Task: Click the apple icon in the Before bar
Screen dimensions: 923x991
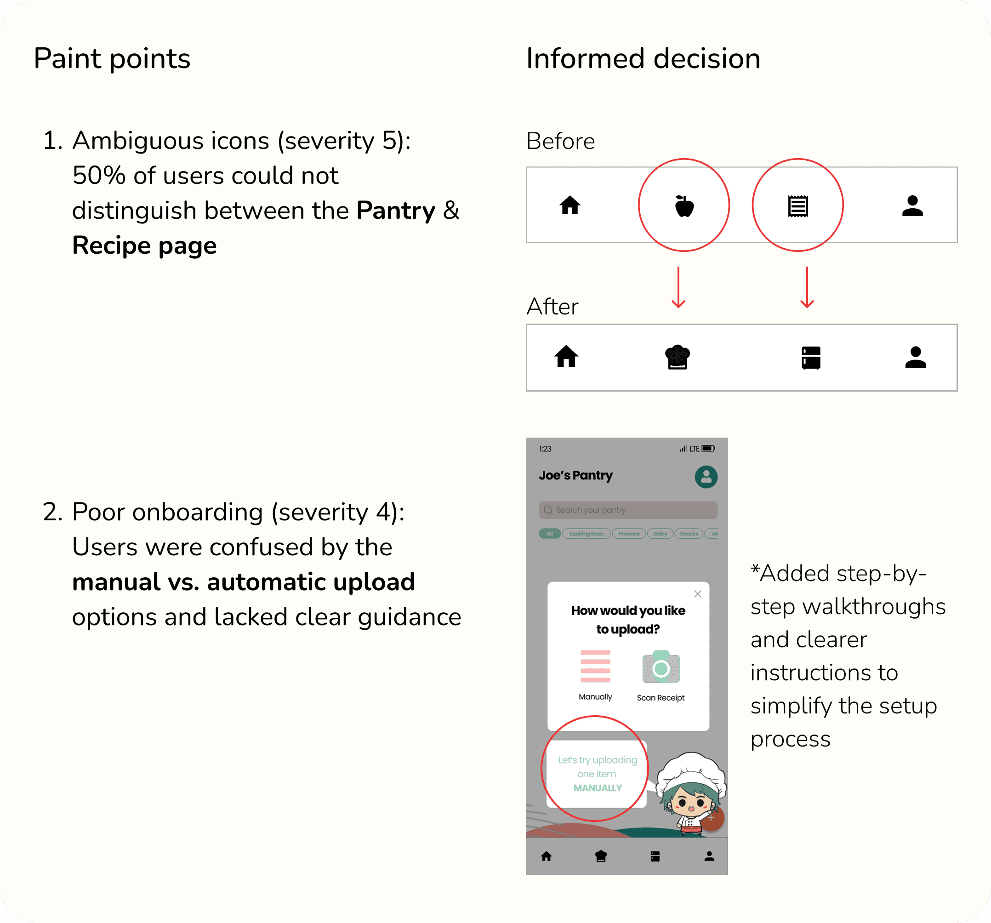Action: pyautogui.click(x=684, y=206)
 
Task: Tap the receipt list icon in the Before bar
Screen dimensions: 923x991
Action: pyautogui.click(x=797, y=206)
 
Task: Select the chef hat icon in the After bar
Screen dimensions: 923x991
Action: pyautogui.click(x=678, y=357)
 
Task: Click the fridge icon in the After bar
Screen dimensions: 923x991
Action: pyautogui.click(x=810, y=357)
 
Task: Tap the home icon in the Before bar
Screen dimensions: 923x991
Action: pyautogui.click(x=570, y=205)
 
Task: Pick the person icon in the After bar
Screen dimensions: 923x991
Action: pyautogui.click(x=915, y=357)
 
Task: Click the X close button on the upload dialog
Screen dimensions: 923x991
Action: pyautogui.click(x=697, y=593)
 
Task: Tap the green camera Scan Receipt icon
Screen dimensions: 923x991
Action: pyautogui.click(x=661, y=667)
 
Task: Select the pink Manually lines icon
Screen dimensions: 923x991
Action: pyautogui.click(x=595, y=666)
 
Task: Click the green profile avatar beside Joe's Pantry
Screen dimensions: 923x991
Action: pyautogui.click(x=706, y=477)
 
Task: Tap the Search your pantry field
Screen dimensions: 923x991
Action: pyautogui.click(x=627, y=510)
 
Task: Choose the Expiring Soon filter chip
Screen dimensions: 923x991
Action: pyautogui.click(x=586, y=534)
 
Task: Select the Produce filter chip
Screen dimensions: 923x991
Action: pyautogui.click(x=629, y=534)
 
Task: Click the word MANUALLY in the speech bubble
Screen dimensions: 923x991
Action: pyautogui.click(x=597, y=788)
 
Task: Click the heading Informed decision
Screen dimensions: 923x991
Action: pyautogui.click(x=643, y=59)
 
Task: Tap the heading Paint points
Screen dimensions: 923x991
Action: pyautogui.click(x=112, y=59)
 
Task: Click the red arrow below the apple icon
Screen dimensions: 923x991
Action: pyautogui.click(x=678, y=288)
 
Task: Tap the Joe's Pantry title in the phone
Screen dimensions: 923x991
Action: pyautogui.click(x=575, y=475)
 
